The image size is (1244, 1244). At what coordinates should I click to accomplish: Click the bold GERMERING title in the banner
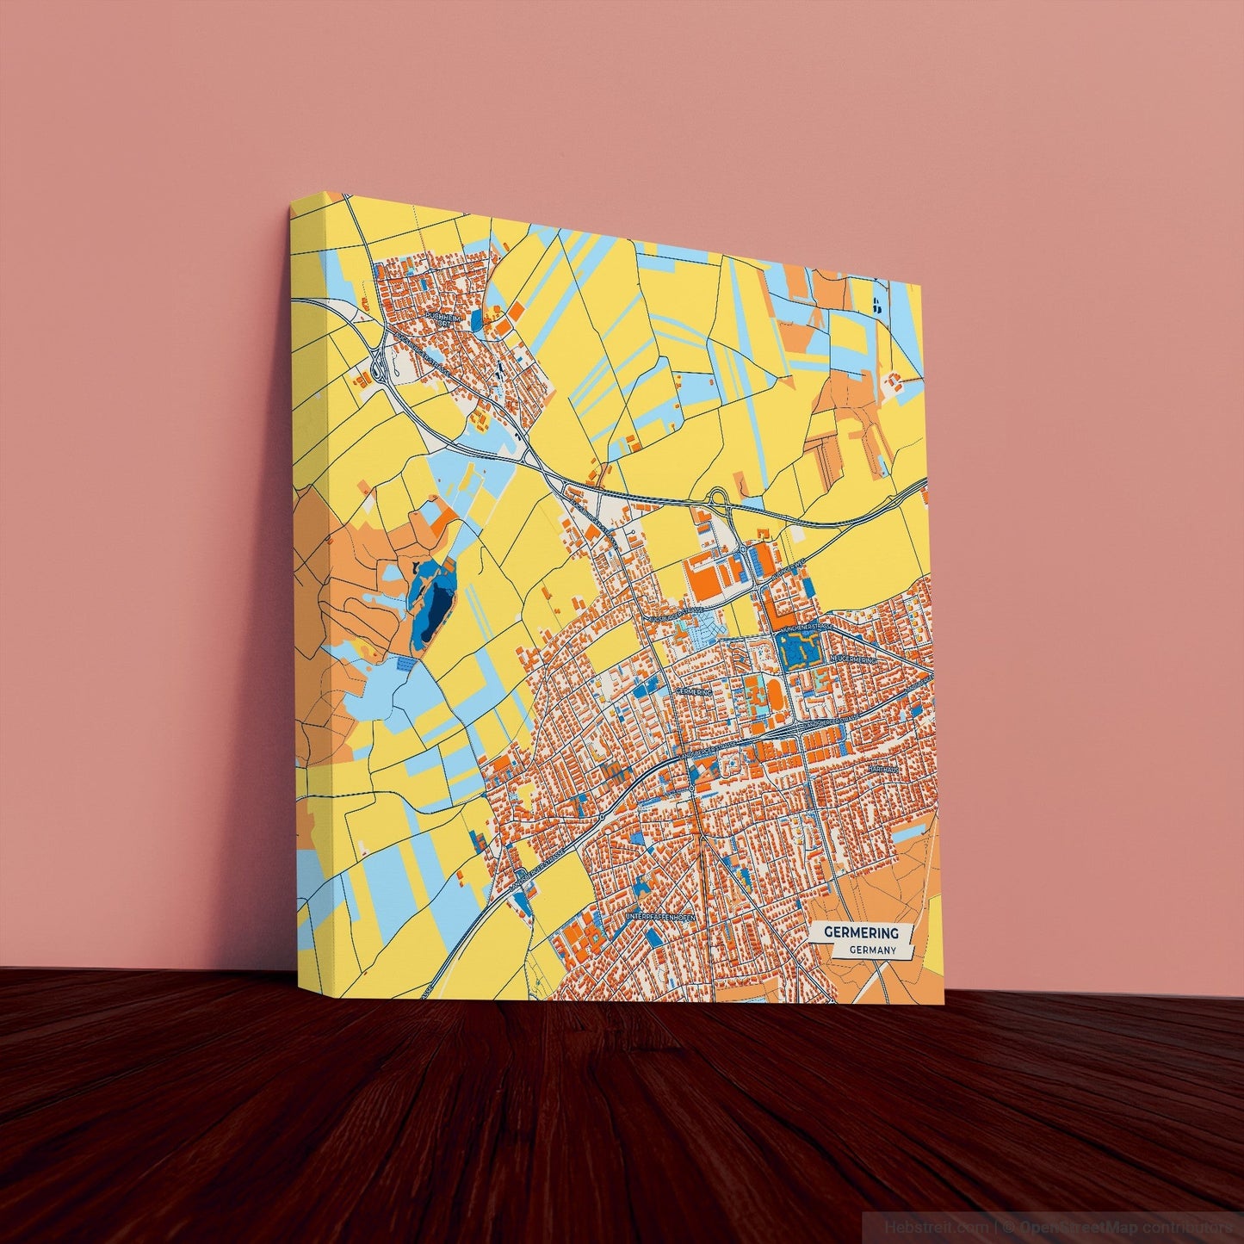(861, 932)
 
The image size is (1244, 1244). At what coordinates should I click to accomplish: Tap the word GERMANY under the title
(872, 950)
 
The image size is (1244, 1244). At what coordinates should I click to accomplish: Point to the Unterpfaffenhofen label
(659, 917)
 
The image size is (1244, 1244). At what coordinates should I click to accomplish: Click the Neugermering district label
(851, 659)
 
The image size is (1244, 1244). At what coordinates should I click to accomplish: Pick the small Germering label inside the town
(695, 692)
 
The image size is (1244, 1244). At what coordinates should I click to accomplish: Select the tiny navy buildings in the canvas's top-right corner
(876, 303)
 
